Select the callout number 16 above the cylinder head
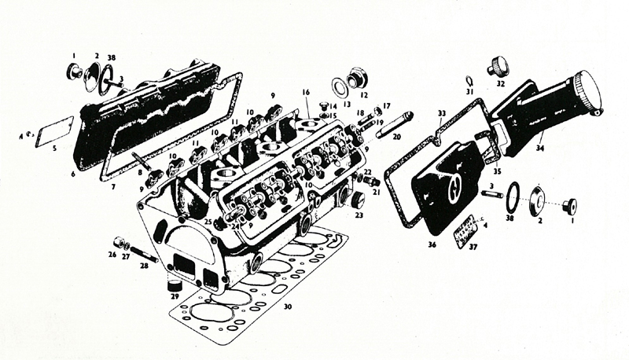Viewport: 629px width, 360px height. coord(306,92)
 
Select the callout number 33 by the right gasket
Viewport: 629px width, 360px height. coord(442,113)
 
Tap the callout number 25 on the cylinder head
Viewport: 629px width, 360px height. coord(208,222)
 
